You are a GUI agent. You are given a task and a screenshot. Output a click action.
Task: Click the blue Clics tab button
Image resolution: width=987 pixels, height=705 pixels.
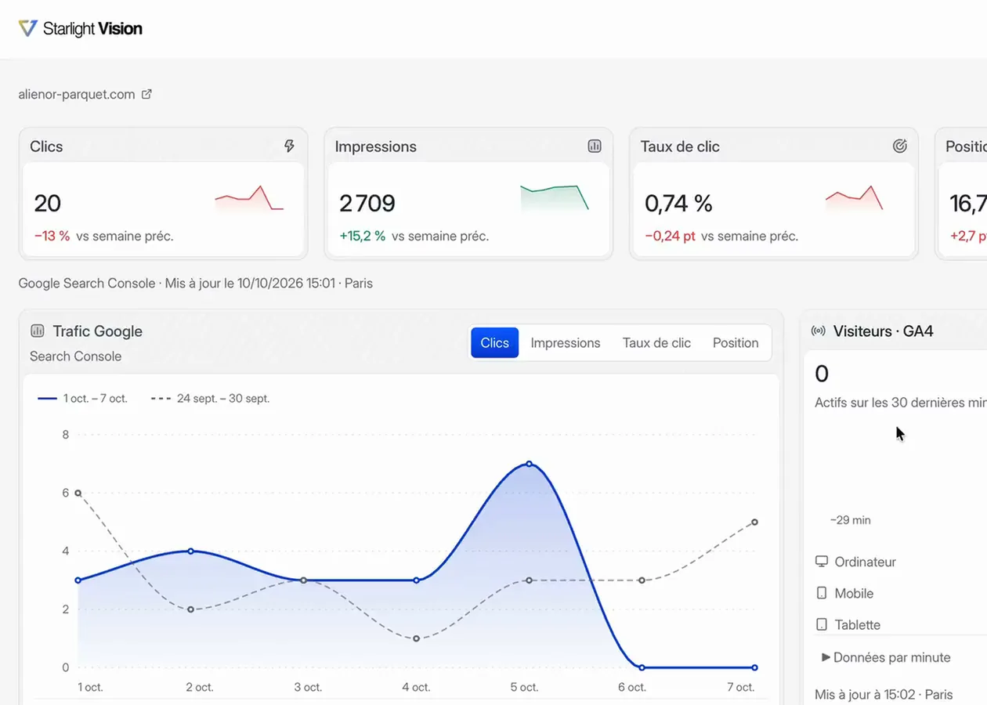494,342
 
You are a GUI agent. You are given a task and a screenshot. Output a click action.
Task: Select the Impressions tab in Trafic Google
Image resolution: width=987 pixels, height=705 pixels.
566,343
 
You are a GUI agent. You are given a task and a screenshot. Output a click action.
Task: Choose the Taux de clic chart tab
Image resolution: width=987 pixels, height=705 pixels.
656,343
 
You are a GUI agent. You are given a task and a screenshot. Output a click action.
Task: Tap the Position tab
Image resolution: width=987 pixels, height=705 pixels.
736,343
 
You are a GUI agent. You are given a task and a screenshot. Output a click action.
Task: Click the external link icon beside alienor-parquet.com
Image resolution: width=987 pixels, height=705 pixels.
146,94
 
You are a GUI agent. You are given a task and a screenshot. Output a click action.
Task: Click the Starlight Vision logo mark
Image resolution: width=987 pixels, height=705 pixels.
27,28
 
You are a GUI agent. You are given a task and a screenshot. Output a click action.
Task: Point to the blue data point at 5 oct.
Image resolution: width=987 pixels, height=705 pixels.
530,464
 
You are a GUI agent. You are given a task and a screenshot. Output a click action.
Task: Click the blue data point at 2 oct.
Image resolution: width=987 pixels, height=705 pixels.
191,551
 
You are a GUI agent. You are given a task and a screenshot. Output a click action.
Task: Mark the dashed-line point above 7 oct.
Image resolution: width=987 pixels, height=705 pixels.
755,522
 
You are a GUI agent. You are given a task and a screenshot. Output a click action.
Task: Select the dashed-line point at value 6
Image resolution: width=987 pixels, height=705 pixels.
78,493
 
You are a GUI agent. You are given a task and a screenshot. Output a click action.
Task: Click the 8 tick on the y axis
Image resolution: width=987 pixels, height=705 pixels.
66,435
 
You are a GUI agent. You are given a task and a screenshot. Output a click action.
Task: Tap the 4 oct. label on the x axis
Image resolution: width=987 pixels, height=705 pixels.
416,687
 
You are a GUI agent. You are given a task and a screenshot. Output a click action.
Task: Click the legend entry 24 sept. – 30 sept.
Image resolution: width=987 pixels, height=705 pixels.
210,398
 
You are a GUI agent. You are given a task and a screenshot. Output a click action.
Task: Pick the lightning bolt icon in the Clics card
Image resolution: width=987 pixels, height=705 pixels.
289,146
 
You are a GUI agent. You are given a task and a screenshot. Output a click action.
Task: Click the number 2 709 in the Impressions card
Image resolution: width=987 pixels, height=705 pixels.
367,203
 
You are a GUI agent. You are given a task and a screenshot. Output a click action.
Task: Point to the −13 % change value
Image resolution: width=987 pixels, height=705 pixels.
52,237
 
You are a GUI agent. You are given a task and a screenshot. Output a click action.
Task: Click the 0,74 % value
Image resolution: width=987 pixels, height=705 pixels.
678,203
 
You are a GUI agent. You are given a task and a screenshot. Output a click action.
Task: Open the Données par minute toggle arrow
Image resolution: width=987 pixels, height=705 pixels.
826,657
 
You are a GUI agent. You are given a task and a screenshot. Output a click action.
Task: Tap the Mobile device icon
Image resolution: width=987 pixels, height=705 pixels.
821,593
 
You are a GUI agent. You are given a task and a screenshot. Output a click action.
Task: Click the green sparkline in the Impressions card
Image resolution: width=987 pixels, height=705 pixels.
555,197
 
